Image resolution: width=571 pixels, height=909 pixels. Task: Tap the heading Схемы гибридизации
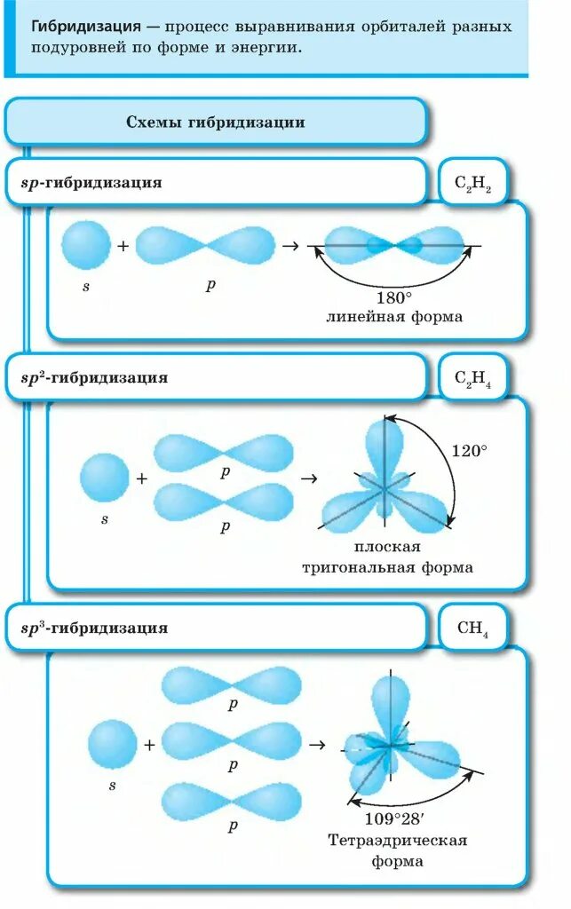click(x=215, y=123)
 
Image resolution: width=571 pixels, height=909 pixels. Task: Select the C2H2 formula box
click(x=472, y=184)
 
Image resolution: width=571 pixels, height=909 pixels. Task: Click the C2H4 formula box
click(x=472, y=379)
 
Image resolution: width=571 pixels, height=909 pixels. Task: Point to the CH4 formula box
click(x=472, y=628)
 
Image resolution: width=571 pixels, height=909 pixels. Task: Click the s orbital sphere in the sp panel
click(x=86, y=245)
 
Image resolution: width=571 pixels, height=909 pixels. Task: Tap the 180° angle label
click(x=394, y=297)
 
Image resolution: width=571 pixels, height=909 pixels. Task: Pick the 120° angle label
click(x=469, y=451)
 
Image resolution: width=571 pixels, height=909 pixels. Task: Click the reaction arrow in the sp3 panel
click(x=314, y=745)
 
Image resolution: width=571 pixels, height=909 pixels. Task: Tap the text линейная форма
click(x=394, y=317)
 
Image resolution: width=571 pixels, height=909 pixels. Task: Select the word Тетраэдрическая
click(x=397, y=840)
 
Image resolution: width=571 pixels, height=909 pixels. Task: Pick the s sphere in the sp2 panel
click(x=104, y=478)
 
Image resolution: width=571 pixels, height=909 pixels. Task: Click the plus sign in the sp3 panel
click(x=149, y=745)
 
